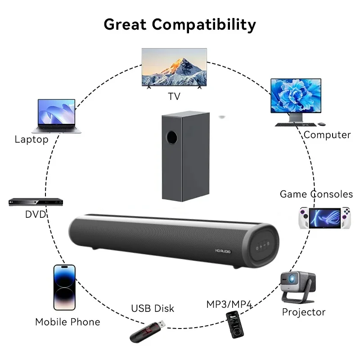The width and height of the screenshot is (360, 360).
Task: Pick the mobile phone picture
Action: pyautogui.click(x=64, y=287)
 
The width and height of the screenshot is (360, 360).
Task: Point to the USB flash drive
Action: pyautogui.click(x=148, y=330)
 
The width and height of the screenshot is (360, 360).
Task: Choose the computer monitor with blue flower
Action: pyautogui.click(x=296, y=96)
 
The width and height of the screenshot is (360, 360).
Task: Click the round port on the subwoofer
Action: pyautogui.click(x=171, y=136)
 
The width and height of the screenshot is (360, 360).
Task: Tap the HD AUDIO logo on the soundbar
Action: pyautogui.click(x=222, y=252)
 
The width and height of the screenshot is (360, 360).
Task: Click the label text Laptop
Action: pyautogui.click(x=31, y=139)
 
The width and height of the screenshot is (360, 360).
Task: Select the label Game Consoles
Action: pyautogui.click(x=316, y=194)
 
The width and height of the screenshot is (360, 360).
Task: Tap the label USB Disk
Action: pyautogui.click(x=152, y=309)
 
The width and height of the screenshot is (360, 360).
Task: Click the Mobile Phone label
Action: pyautogui.click(x=67, y=322)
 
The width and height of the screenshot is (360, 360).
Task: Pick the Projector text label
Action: pyautogui.click(x=303, y=312)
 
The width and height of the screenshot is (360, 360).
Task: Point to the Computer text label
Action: pyautogui.click(x=327, y=135)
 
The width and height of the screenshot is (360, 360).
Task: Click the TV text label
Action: pyautogui.click(x=174, y=96)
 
